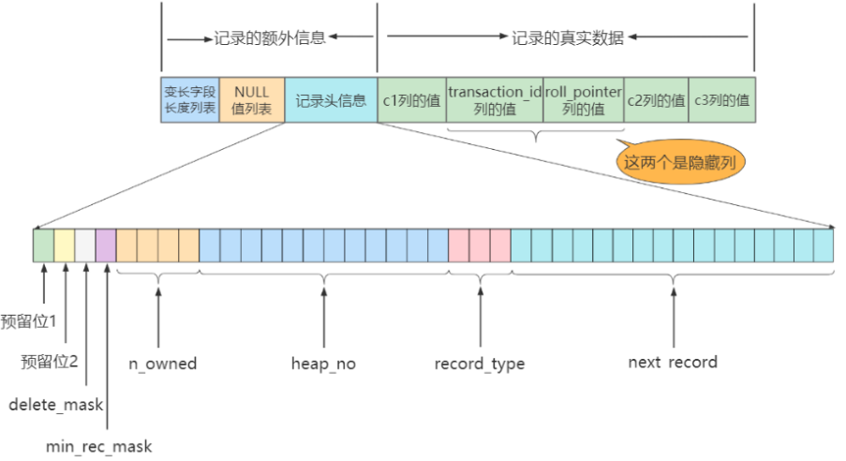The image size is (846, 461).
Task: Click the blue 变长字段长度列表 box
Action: click(x=190, y=99)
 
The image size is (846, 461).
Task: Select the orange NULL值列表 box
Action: click(x=252, y=99)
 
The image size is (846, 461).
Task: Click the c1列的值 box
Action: click(x=411, y=99)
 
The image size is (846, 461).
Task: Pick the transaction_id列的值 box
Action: click(x=495, y=99)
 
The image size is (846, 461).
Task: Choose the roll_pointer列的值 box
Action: click(x=584, y=99)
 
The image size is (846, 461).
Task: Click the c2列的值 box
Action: click(x=656, y=99)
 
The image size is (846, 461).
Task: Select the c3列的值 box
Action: click(x=722, y=99)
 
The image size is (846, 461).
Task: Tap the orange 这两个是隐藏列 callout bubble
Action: click(x=687, y=162)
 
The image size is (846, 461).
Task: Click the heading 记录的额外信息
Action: click(x=269, y=38)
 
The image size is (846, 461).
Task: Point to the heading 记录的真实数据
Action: click(x=568, y=38)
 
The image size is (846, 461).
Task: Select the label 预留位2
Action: click(x=50, y=362)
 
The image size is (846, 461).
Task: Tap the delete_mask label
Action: click(x=56, y=405)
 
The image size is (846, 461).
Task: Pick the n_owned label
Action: click(x=162, y=364)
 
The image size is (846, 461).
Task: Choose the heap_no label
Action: click(x=324, y=364)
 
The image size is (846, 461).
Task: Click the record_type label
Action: click(x=480, y=364)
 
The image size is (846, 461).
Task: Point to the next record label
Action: click(x=673, y=363)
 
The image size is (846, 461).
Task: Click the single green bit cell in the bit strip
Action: click(x=43, y=245)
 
